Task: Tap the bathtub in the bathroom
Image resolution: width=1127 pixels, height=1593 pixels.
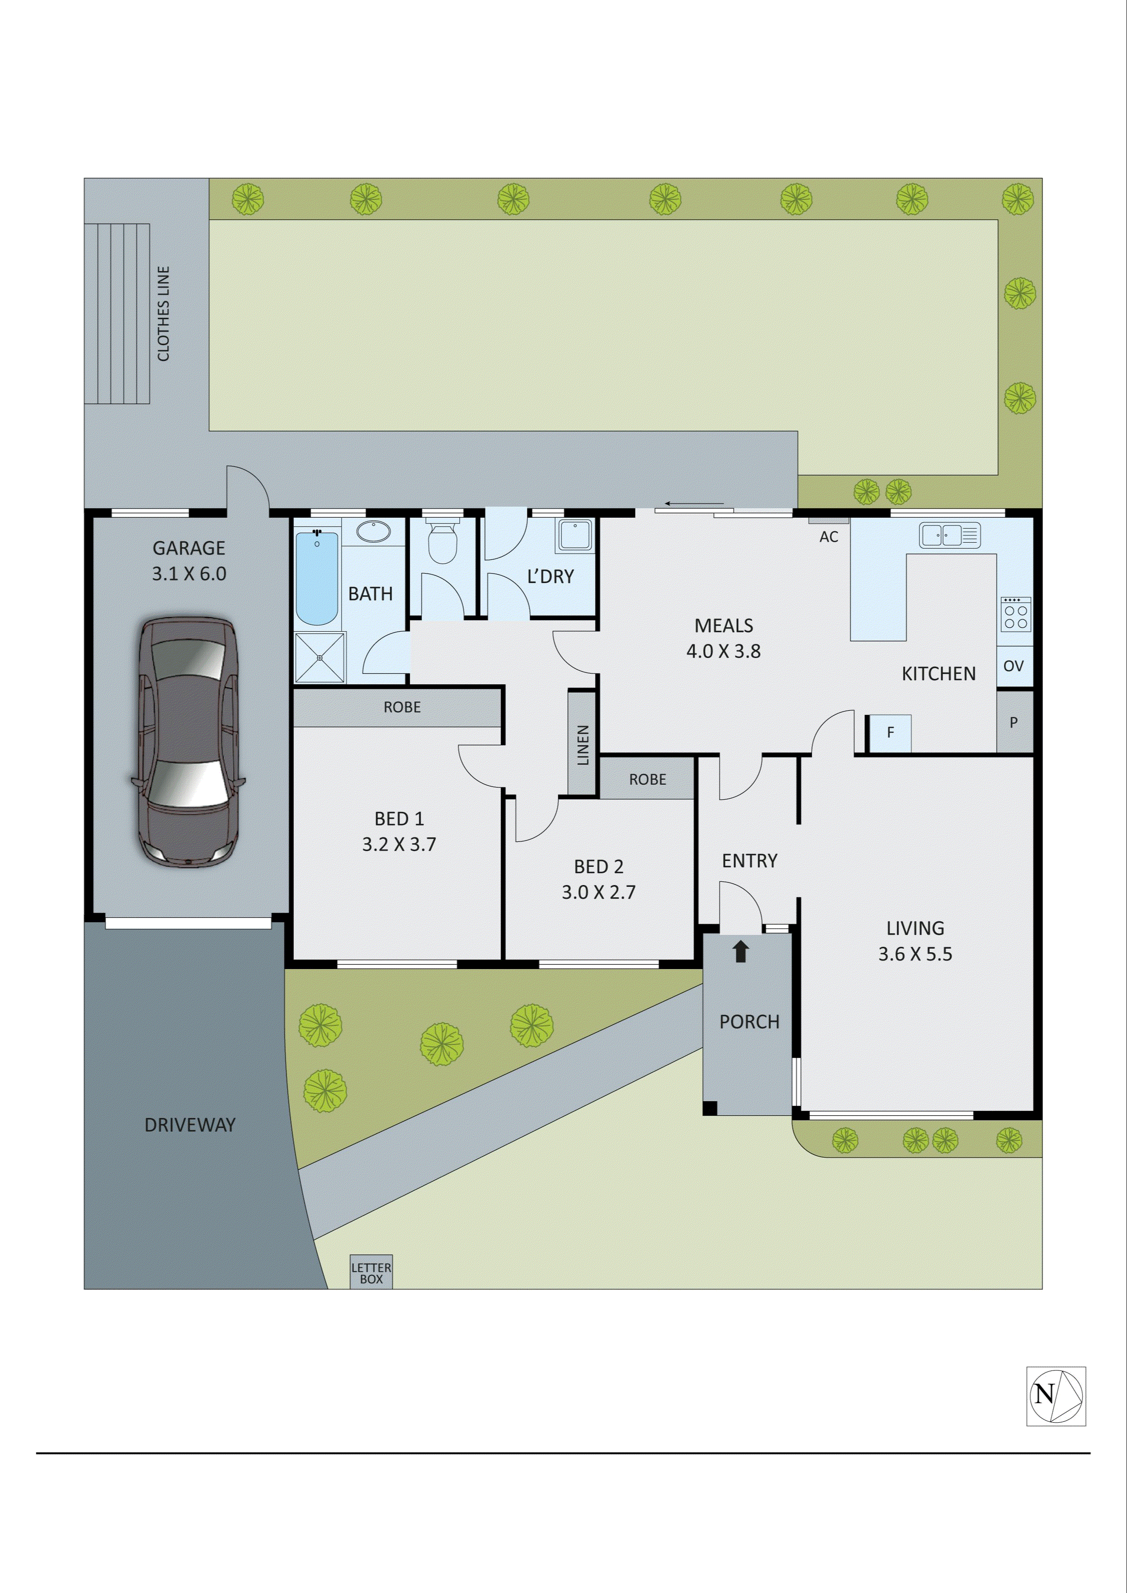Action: [317, 577]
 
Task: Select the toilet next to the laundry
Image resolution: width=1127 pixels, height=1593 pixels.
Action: [442, 542]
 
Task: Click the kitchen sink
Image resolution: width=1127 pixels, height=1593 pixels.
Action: [949, 535]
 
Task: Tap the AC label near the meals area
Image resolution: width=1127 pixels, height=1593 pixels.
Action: [829, 537]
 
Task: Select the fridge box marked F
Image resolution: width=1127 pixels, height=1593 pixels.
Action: [890, 732]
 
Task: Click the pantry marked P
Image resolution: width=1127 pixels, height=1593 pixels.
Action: [1014, 722]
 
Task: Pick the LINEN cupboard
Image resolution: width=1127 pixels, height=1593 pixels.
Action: [583, 744]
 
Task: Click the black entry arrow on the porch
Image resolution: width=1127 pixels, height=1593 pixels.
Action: [741, 951]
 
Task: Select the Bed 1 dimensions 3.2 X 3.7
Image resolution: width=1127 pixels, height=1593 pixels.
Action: [399, 844]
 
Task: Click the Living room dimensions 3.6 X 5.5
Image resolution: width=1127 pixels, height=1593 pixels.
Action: [915, 954]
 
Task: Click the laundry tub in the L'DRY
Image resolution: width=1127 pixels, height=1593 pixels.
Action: [575, 535]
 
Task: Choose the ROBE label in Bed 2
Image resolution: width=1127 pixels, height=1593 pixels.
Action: [647, 779]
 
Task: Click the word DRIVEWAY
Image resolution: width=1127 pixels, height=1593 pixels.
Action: [190, 1125]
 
